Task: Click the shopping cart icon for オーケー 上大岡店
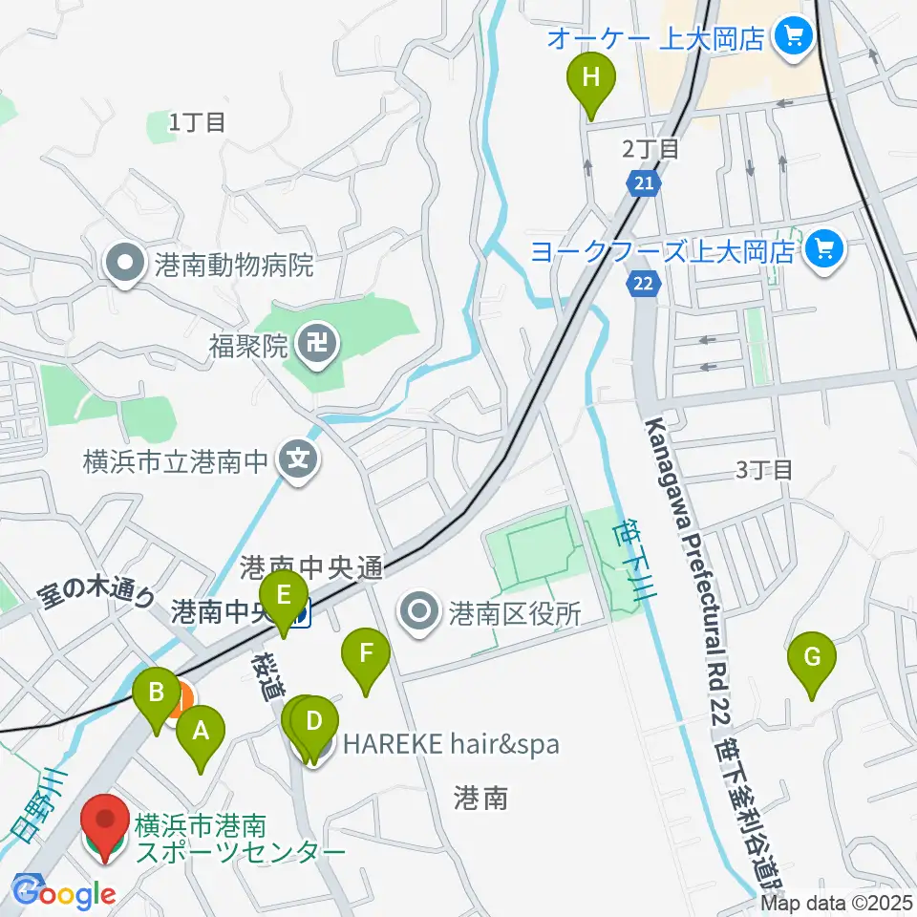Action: coord(793,38)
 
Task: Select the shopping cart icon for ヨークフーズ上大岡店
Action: coord(821,251)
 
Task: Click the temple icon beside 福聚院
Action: coord(315,342)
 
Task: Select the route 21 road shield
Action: coord(646,182)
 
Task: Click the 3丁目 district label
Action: coord(764,469)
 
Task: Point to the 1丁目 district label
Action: coord(197,121)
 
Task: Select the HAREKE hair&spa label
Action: coord(450,743)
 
